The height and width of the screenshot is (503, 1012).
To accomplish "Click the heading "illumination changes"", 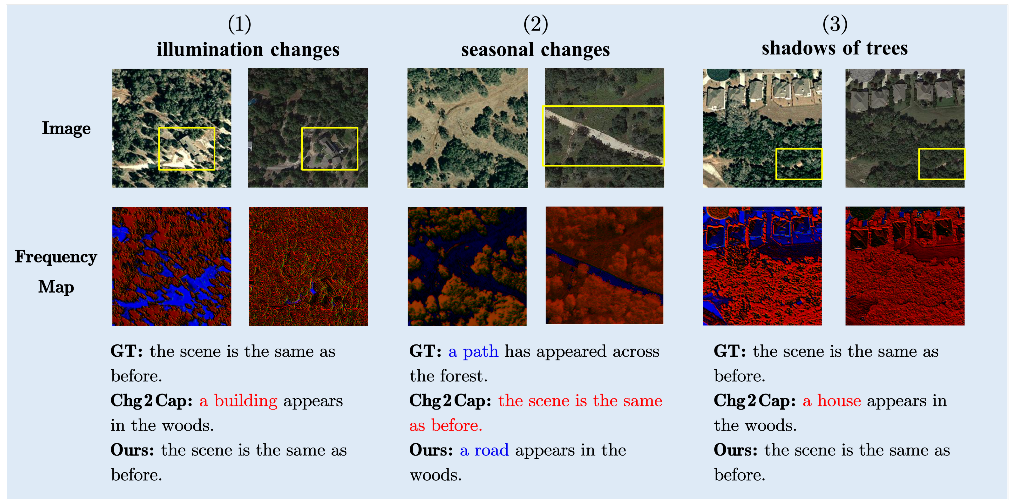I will (x=248, y=49).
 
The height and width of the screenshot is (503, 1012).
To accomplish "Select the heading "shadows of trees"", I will (x=835, y=48).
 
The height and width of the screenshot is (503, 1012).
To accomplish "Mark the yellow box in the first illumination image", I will (x=187, y=149).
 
